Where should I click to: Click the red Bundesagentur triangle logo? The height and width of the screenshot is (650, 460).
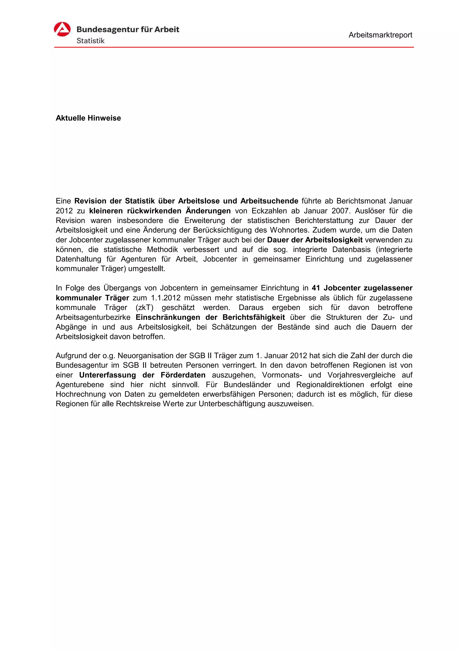[x=62, y=29]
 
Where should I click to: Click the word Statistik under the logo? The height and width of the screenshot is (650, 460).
[x=91, y=41]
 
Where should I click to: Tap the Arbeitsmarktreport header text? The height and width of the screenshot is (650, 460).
[x=380, y=35]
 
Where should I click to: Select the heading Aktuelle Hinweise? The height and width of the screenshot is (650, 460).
[x=88, y=118]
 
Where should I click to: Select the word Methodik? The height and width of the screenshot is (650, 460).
[x=162, y=249]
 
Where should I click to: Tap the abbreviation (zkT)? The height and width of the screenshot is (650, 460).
[x=145, y=308]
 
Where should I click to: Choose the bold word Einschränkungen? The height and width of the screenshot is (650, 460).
[x=168, y=317]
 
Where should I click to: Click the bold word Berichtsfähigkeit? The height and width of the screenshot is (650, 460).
[x=254, y=317]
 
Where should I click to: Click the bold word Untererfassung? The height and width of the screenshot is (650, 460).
[x=107, y=375]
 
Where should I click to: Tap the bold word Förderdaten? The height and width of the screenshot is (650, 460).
[x=183, y=375]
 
